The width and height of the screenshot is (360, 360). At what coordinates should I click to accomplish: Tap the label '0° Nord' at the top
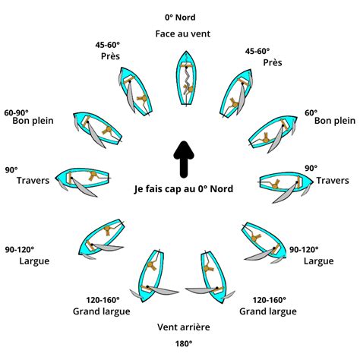point(180,16)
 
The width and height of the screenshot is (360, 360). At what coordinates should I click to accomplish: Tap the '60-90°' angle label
point(17,112)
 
